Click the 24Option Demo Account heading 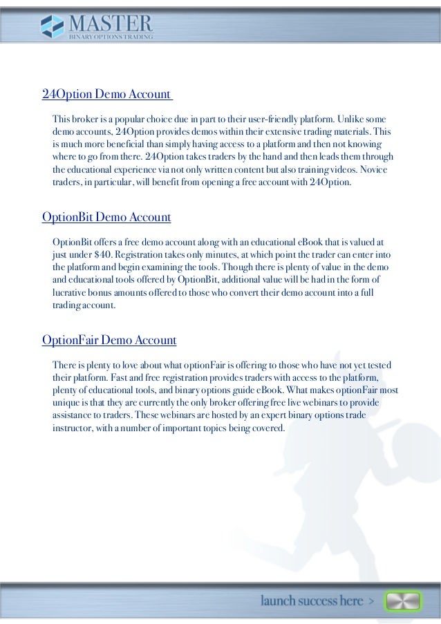click(106, 94)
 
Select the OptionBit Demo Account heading click(106, 218)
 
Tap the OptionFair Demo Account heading click(109, 341)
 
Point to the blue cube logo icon click(51, 27)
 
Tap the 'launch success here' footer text click(312, 601)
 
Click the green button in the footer click(403, 601)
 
